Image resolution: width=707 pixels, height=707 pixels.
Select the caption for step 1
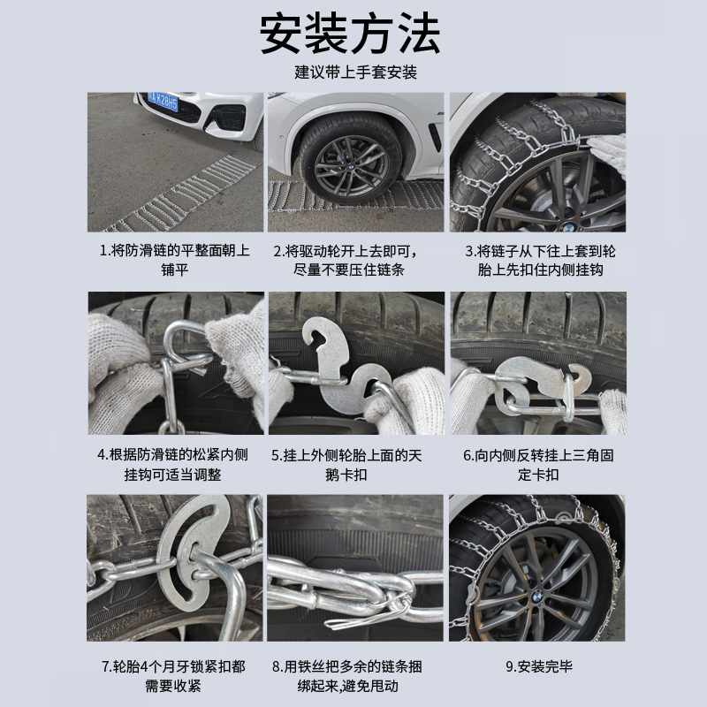tap(175, 260)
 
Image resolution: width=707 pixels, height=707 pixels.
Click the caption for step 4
tap(175, 465)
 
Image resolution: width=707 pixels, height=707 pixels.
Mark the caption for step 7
tap(175, 675)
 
